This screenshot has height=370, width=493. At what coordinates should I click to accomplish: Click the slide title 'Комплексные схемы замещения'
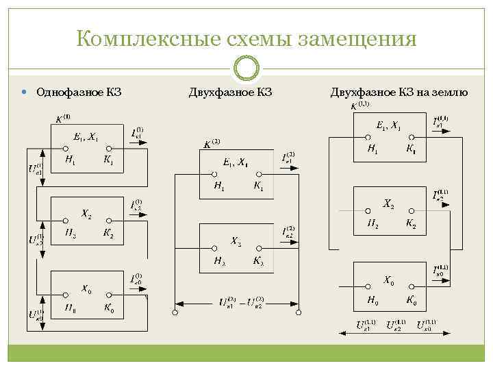tap(246, 38)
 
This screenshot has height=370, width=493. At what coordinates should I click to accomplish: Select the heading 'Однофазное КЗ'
tap(79, 92)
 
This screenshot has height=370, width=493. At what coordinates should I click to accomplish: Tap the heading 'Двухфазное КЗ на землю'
tap(399, 92)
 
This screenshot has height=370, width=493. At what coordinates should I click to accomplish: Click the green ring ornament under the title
tap(246, 69)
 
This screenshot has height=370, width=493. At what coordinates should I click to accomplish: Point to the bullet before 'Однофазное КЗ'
tap(25, 92)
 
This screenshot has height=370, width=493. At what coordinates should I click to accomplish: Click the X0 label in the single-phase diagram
tap(88, 288)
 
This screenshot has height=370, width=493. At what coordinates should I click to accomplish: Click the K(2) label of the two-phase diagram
tap(212, 144)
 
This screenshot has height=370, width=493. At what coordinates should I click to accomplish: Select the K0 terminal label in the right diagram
tap(411, 299)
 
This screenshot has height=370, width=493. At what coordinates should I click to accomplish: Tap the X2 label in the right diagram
tap(388, 203)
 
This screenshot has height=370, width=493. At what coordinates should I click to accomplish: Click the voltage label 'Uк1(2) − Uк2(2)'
tap(241, 301)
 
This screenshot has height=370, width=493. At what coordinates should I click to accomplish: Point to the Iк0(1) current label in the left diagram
tap(137, 279)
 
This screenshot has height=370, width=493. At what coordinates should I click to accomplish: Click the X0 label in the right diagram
tap(388, 280)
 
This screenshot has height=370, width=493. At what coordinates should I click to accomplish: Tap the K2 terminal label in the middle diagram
tap(257, 260)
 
